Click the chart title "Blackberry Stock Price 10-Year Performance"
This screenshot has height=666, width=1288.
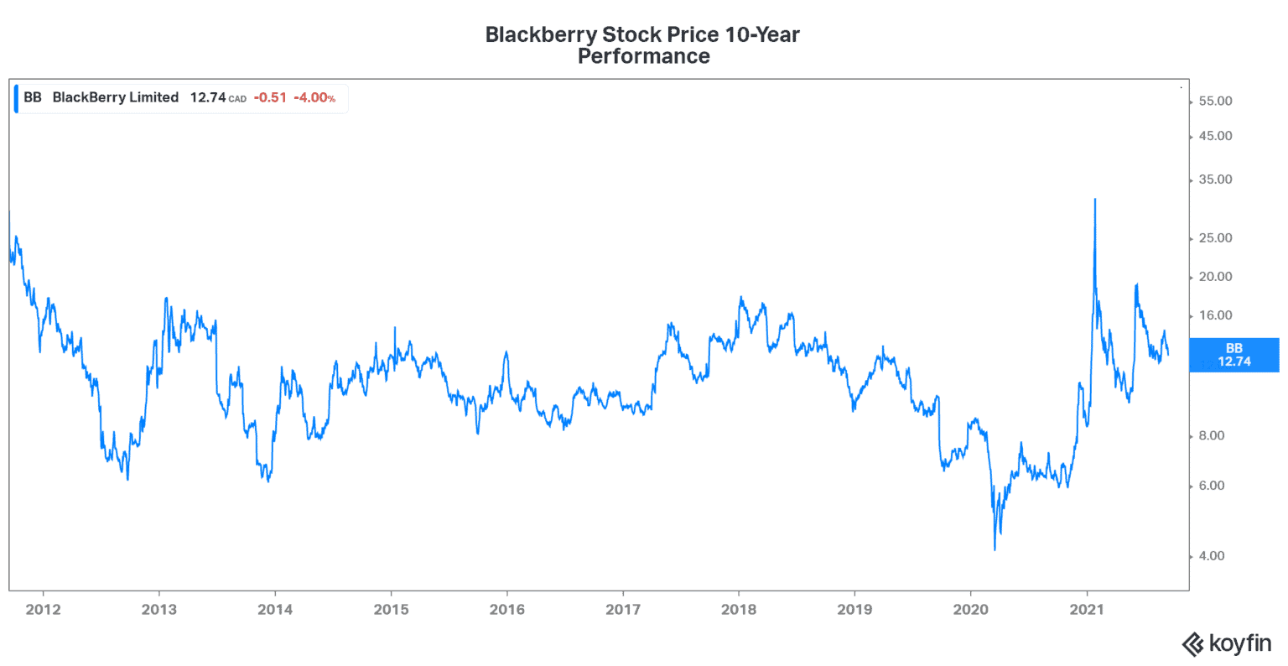(643, 45)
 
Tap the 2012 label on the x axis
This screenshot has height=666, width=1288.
(43, 610)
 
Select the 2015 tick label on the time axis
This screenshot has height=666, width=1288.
(391, 610)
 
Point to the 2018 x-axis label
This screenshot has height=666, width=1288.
(738, 610)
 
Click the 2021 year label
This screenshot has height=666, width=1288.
(1087, 610)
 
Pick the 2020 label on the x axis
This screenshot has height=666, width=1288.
(970, 610)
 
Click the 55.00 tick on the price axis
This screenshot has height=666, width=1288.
(1215, 101)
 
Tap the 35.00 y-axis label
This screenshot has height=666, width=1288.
(1215, 180)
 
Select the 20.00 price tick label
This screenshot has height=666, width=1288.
(1215, 277)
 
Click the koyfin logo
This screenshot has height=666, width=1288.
(1226, 643)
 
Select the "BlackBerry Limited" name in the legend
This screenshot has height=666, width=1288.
(116, 97)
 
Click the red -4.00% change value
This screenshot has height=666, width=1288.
(314, 98)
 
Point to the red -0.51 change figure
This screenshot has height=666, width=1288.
(270, 98)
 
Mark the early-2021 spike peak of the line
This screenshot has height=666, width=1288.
(1095, 200)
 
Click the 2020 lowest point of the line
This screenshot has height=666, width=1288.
(995, 549)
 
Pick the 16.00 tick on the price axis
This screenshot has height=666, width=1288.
(1215, 316)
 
